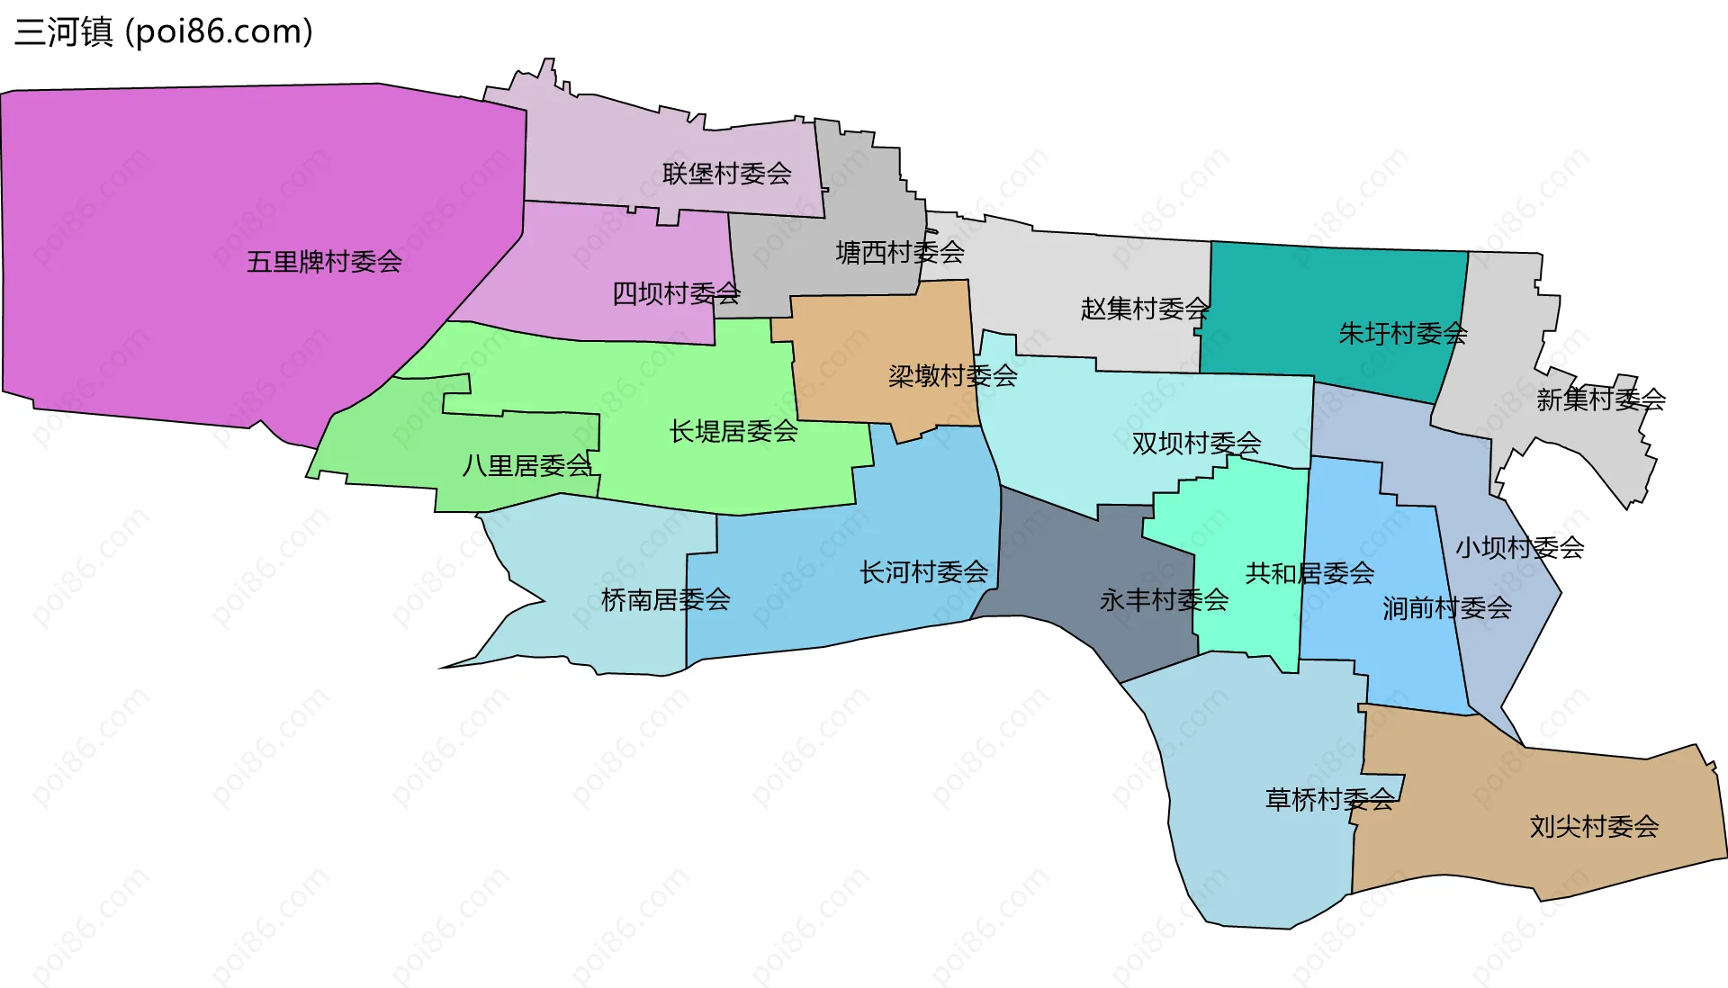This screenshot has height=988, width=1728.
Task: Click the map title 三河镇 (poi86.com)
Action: pyautogui.click(x=164, y=31)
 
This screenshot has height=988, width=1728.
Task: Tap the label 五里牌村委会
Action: pyautogui.click(x=324, y=262)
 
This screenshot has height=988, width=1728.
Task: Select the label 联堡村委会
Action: pyautogui.click(x=726, y=173)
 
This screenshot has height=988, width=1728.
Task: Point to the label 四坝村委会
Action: pyautogui.click(x=676, y=293)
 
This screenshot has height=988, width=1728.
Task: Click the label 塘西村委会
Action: pyautogui.click(x=900, y=253)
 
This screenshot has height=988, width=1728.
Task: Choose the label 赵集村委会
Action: pyautogui.click(x=1145, y=309)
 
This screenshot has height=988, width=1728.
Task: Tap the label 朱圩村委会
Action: pyautogui.click(x=1403, y=334)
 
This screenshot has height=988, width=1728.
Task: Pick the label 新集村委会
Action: pyautogui.click(x=1600, y=399)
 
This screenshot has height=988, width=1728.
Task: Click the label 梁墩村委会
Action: pyautogui.click(x=952, y=375)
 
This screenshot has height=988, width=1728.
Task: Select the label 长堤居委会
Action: pyautogui.click(x=733, y=431)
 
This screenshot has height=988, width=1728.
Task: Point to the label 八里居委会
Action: pyautogui.click(x=526, y=465)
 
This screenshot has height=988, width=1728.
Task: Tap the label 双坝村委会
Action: pyautogui.click(x=1196, y=443)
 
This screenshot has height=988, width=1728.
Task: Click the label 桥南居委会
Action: pyautogui.click(x=665, y=599)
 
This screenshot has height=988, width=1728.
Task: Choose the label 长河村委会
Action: pyautogui.click(x=923, y=571)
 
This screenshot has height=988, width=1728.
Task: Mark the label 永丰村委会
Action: pyautogui.click(x=1164, y=599)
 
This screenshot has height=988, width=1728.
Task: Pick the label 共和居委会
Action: pyautogui.click(x=1309, y=572)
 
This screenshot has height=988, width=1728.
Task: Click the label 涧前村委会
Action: pyautogui.click(x=1446, y=608)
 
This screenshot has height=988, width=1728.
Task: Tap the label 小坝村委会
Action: pyautogui.click(x=1519, y=547)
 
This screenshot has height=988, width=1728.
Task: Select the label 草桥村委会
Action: pyautogui.click(x=1329, y=799)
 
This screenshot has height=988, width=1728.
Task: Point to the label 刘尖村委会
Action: pyautogui.click(x=1594, y=826)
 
